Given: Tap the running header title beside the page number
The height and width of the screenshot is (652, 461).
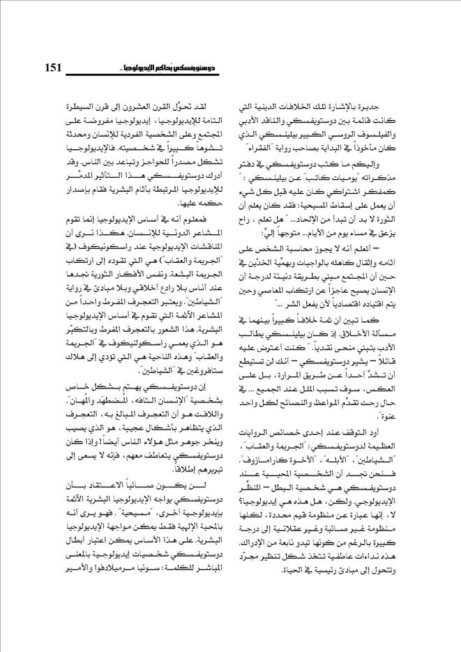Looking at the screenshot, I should (x=189, y=68).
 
